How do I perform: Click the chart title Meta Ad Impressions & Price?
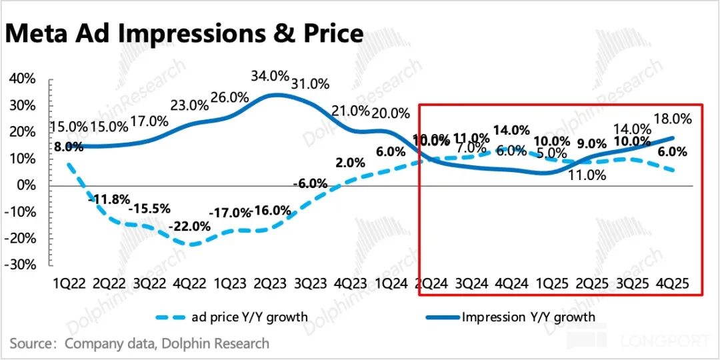coord(184,33)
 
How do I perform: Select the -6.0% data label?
coord(311,183)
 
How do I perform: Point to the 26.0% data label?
coord(229,97)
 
